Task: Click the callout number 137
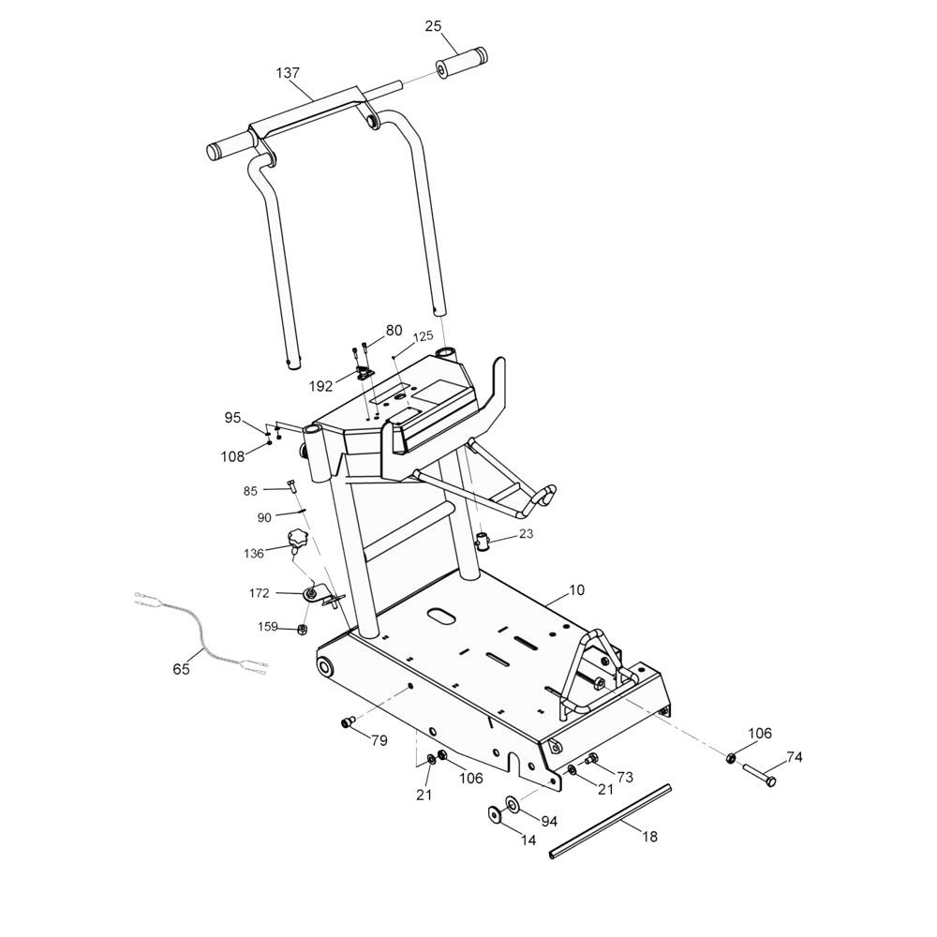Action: click(288, 72)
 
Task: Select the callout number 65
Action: click(181, 669)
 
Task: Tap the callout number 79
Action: click(379, 741)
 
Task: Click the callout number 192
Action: click(320, 385)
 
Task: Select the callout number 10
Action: click(576, 590)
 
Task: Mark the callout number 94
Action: click(549, 821)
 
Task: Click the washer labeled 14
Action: click(494, 813)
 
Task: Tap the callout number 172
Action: click(260, 593)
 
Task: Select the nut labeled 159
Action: click(303, 629)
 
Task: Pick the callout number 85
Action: click(250, 490)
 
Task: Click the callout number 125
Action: click(423, 336)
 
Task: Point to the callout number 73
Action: click(625, 777)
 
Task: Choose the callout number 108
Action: click(232, 456)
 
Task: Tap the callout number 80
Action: click(394, 331)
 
